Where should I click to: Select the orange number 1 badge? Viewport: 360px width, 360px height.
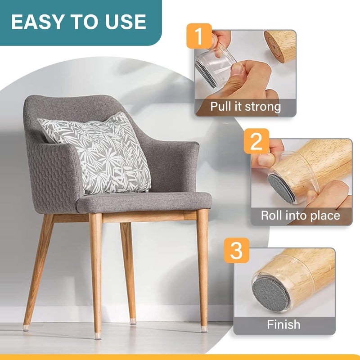[x=198, y=36]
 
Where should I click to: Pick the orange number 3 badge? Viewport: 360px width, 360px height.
[x=236, y=251]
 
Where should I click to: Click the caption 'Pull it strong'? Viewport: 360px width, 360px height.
[x=245, y=107]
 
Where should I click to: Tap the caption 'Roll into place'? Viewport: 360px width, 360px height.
[x=301, y=215]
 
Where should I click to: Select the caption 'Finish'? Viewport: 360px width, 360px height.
[x=283, y=324]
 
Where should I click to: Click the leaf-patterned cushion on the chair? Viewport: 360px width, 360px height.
[x=97, y=153]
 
